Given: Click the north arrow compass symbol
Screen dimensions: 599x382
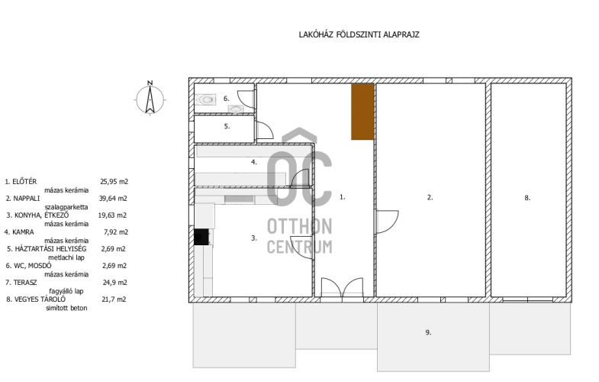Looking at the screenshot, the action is click(x=150, y=99).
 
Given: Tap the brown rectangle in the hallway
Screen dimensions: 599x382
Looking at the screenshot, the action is click(x=362, y=112).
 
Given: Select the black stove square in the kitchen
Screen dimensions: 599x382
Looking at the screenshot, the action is click(x=201, y=237).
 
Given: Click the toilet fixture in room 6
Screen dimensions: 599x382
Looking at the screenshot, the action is click(x=206, y=100).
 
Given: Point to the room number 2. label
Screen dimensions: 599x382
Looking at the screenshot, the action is click(x=430, y=198).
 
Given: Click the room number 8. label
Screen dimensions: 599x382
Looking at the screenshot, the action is click(x=527, y=198).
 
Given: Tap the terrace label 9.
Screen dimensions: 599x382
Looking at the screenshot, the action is click(x=428, y=332).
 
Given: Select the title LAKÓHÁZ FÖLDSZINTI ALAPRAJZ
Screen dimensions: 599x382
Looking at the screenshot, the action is click(x=359, y=35).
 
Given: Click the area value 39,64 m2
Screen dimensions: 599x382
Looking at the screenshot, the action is click(x=114, y=199).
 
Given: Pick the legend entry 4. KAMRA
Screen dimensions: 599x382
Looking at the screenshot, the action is click(x=19, y=232).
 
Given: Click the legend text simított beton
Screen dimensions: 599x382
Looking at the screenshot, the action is click(x=66, y=308).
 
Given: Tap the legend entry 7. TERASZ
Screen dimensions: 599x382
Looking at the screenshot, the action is click(x=21, y=283).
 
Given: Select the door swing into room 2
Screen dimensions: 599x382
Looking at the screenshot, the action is click(x=388, y=222).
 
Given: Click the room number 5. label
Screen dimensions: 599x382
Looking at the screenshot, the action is click(x=227, y=126).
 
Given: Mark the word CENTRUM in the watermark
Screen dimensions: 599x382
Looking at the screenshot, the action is click(x=299, y=247).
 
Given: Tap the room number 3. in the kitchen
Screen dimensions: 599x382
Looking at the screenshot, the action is click(x=254, y=238).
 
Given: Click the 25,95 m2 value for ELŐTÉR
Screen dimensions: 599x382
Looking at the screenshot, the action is click(x=114, y=182).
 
